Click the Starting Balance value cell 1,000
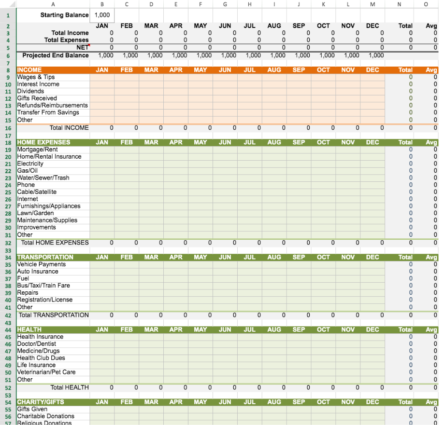point(102,15)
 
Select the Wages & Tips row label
point(36,77)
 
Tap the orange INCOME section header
point(29,70)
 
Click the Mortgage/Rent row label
point(37,150)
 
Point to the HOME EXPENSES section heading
point(43,142)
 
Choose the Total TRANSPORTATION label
point(54,315)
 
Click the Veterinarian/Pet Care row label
point(46,372)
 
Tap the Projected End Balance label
point(56,55)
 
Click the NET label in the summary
point(83,47)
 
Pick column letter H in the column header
point(249,4)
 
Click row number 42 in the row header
point(8,315)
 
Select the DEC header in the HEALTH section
point(372,329)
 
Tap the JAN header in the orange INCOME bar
point(102,70)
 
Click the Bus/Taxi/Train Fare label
point(43,286)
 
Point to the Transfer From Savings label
point(48,112)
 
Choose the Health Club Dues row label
point(41,358)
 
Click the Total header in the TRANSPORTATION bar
point(405,257)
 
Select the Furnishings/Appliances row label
point(49,206)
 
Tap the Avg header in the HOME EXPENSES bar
point(431,142)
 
